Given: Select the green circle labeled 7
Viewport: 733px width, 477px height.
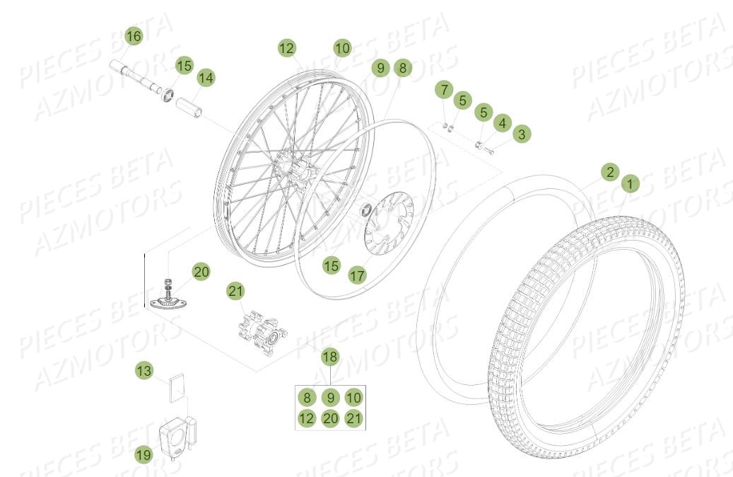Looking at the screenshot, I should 443,91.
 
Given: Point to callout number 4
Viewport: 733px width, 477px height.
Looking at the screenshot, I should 502,123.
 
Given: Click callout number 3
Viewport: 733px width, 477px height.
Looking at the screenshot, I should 522,133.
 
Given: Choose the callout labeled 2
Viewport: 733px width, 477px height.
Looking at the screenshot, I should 610,172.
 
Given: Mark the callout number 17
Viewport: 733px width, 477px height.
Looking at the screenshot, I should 358,275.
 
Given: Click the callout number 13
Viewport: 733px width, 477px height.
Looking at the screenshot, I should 144,370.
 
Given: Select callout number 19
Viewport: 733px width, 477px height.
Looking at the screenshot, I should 143,455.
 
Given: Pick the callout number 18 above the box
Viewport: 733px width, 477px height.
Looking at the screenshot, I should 330,357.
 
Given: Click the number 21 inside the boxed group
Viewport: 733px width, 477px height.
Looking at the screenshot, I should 353,418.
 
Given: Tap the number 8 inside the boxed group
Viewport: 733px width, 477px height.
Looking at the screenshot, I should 305,397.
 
